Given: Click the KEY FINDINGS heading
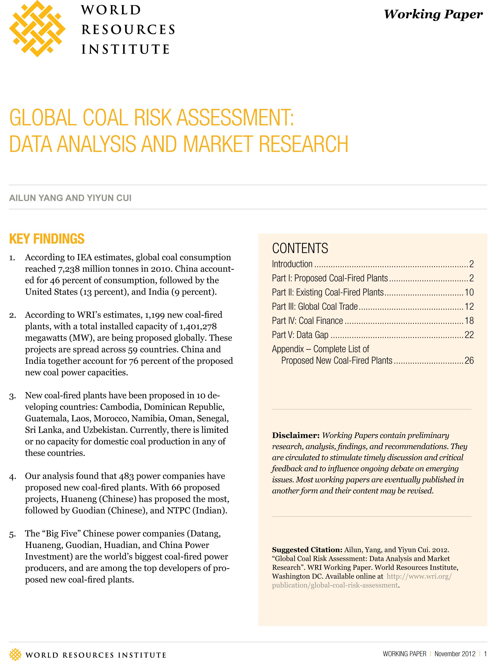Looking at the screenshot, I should pos(47,239).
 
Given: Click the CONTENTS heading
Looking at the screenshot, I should pos(300,248).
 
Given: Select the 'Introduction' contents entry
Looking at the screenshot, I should pos(292,264).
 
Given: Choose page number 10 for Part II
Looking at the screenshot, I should pos(469,292).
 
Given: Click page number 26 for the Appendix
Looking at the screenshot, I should pos(469,361).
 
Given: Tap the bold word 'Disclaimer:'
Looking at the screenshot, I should pos(296,435).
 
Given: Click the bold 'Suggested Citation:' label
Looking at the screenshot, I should pos(307,550).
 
